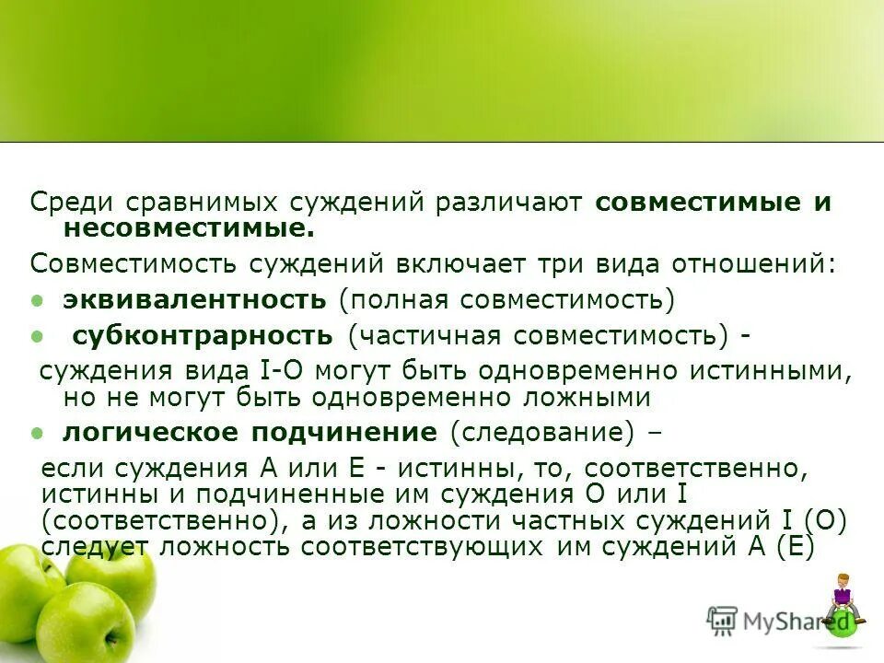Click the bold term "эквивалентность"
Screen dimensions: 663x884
pyautogui.click(x=194, y=299)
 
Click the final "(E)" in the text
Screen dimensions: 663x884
pyautogui.click(x=796, y=545)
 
